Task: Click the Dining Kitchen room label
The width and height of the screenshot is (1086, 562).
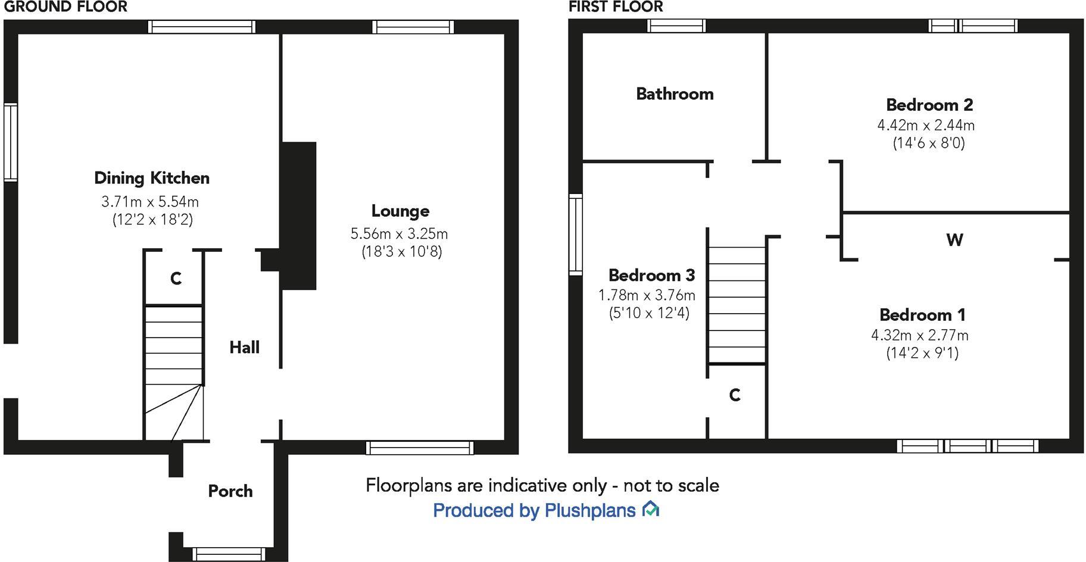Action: pyautogui.click(x=152, y=178)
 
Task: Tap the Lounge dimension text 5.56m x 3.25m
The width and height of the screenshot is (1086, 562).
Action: pyautogui.click(x=400, y=233)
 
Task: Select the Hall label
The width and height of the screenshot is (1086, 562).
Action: pyautogui.click(x=244, y=347)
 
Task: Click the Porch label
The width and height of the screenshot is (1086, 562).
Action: pyautogui.click(x=230, y=491)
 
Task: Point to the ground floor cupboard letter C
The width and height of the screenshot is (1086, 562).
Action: pyautogui.click(x=176, y=279)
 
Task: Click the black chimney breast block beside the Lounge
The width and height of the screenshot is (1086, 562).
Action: pyautogui.click(x=298, y=216)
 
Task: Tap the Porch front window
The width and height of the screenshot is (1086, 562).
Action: pyautogui.click(x=229, y=554)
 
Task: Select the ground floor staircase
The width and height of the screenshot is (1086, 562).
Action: pyautogui.click(x=174, y=369)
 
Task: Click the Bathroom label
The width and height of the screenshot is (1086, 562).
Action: pyautogui.click(x=675, y=94)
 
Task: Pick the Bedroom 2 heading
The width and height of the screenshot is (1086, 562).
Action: pyautogui.click(x=929, y=105)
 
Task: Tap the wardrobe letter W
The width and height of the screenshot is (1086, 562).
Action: pyautogui.click(x=954, y=240)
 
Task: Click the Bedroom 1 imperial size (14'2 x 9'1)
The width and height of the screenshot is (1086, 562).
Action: pyautogui.click(x=922, y=353)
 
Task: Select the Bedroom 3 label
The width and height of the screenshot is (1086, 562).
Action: pyautogui.click(x=651, y=275)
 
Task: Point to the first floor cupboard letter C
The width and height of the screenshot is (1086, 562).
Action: pyautogui.click(x=735, y=395)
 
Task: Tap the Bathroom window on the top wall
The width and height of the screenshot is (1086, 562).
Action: pyautogui.click(x=676, y=26)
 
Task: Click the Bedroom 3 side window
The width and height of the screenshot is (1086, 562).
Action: pyautogui.click(x=575, y=235)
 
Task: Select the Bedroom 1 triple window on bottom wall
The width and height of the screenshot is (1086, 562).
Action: pyautogui.click(x=968, y=446)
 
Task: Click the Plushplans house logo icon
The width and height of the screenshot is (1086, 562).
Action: pyautogui.click(x=651, y=509)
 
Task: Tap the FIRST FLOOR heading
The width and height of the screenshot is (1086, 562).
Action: pyautogui.click(x=616, y=7)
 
